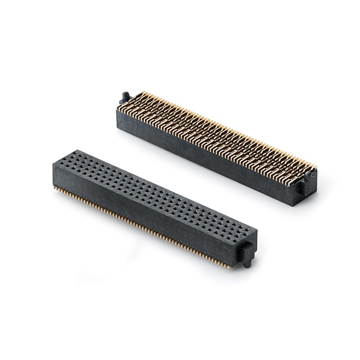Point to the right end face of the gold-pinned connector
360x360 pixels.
[x=306, y=189]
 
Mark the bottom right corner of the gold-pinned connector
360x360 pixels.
[x=293, y=205]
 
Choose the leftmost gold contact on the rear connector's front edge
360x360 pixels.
[x=119, y=110]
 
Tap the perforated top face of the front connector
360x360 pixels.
[x=150, y=192]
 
